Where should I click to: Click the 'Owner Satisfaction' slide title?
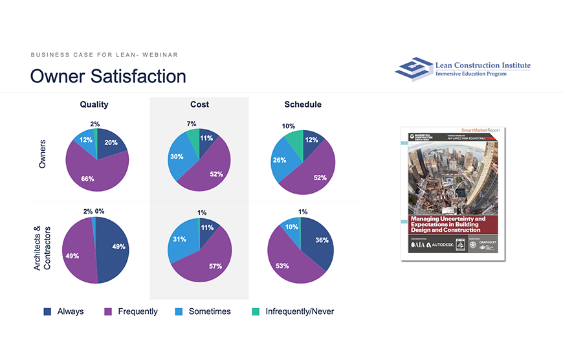(x=108, y=76)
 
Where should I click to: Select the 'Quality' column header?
(x=94, y=104)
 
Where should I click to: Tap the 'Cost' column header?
(x=199, y=104)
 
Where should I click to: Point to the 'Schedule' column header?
(x=303, y=104)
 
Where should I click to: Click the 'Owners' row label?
(x=43, y=154)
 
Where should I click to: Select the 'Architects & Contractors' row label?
(x=41, y=248)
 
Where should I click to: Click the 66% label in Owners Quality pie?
(x=87, y=179)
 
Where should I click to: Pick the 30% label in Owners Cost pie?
(x=177, y=157)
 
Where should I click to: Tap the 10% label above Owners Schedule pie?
(x=289, y=126)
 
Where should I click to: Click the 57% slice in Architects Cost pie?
(x=215, y=266)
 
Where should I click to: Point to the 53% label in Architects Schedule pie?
(x=282, y=266)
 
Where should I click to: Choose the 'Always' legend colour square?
(x=47, y=311)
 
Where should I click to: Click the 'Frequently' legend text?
(x=137, y=311)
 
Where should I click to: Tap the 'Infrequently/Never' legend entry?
(x=300, y=311)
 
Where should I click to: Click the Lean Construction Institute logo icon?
(x=414, y=69)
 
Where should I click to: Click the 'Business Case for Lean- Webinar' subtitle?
(x=104, y=55)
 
